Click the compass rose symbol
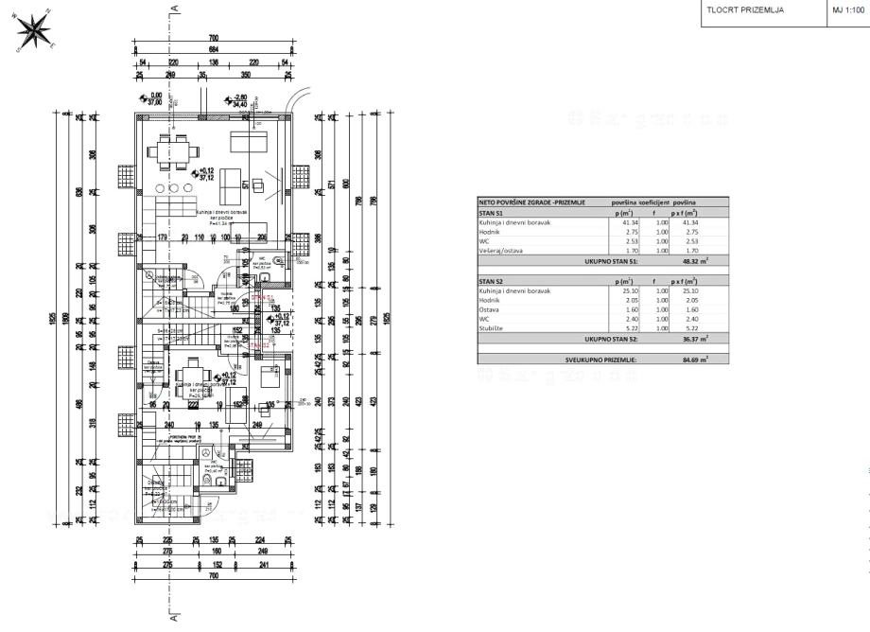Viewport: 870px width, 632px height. coord(35,30)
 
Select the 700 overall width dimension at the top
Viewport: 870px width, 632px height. coord(214,39)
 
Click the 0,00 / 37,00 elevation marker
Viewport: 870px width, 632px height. coord(150,97)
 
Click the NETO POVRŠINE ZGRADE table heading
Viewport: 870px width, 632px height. coord(532,202)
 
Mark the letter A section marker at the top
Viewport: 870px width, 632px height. coord(175,8)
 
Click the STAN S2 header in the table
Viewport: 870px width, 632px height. coord(492,282)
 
